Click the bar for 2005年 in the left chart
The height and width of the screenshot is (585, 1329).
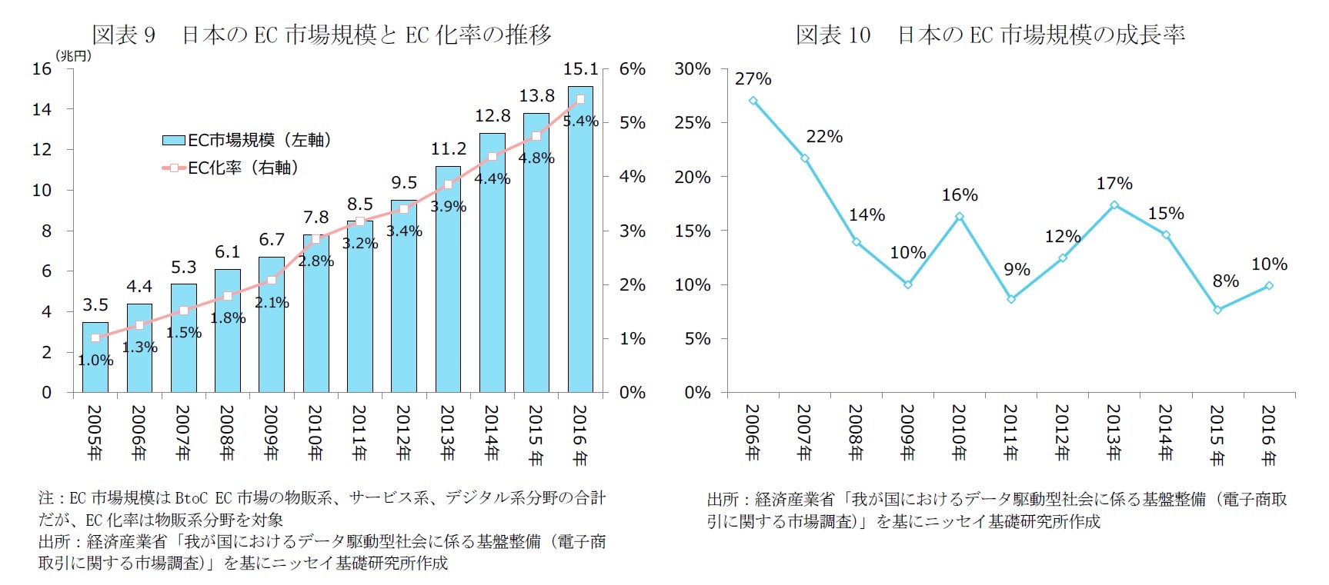tap(95, 369)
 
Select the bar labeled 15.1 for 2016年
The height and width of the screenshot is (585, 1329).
tap(581, 246)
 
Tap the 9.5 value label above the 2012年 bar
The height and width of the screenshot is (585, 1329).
tap(404, 183)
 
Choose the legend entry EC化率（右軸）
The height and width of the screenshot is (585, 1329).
tap(242, 168)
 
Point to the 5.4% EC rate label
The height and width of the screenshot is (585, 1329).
tap(581, 121)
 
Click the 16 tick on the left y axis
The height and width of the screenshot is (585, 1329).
tap(42, 69)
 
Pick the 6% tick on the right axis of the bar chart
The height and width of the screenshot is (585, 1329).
tap(633, 69)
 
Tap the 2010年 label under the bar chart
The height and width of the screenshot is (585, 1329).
tap(316, 433)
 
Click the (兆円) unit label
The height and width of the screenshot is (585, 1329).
tap(73, 55)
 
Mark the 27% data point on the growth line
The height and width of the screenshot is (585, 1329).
tap(753, 101)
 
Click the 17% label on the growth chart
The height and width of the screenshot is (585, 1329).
tap(1114, 184)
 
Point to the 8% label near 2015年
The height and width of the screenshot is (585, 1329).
tap(1226, 281)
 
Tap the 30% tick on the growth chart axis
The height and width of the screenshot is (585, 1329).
tap(693, 69)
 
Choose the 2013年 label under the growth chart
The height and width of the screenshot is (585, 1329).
tap(1114, 433)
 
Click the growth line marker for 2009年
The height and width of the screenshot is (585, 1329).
tap(908, 284)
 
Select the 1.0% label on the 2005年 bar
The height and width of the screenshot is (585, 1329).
tap(96, 361)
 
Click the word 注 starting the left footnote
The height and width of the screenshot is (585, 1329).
tap(45, 498)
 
